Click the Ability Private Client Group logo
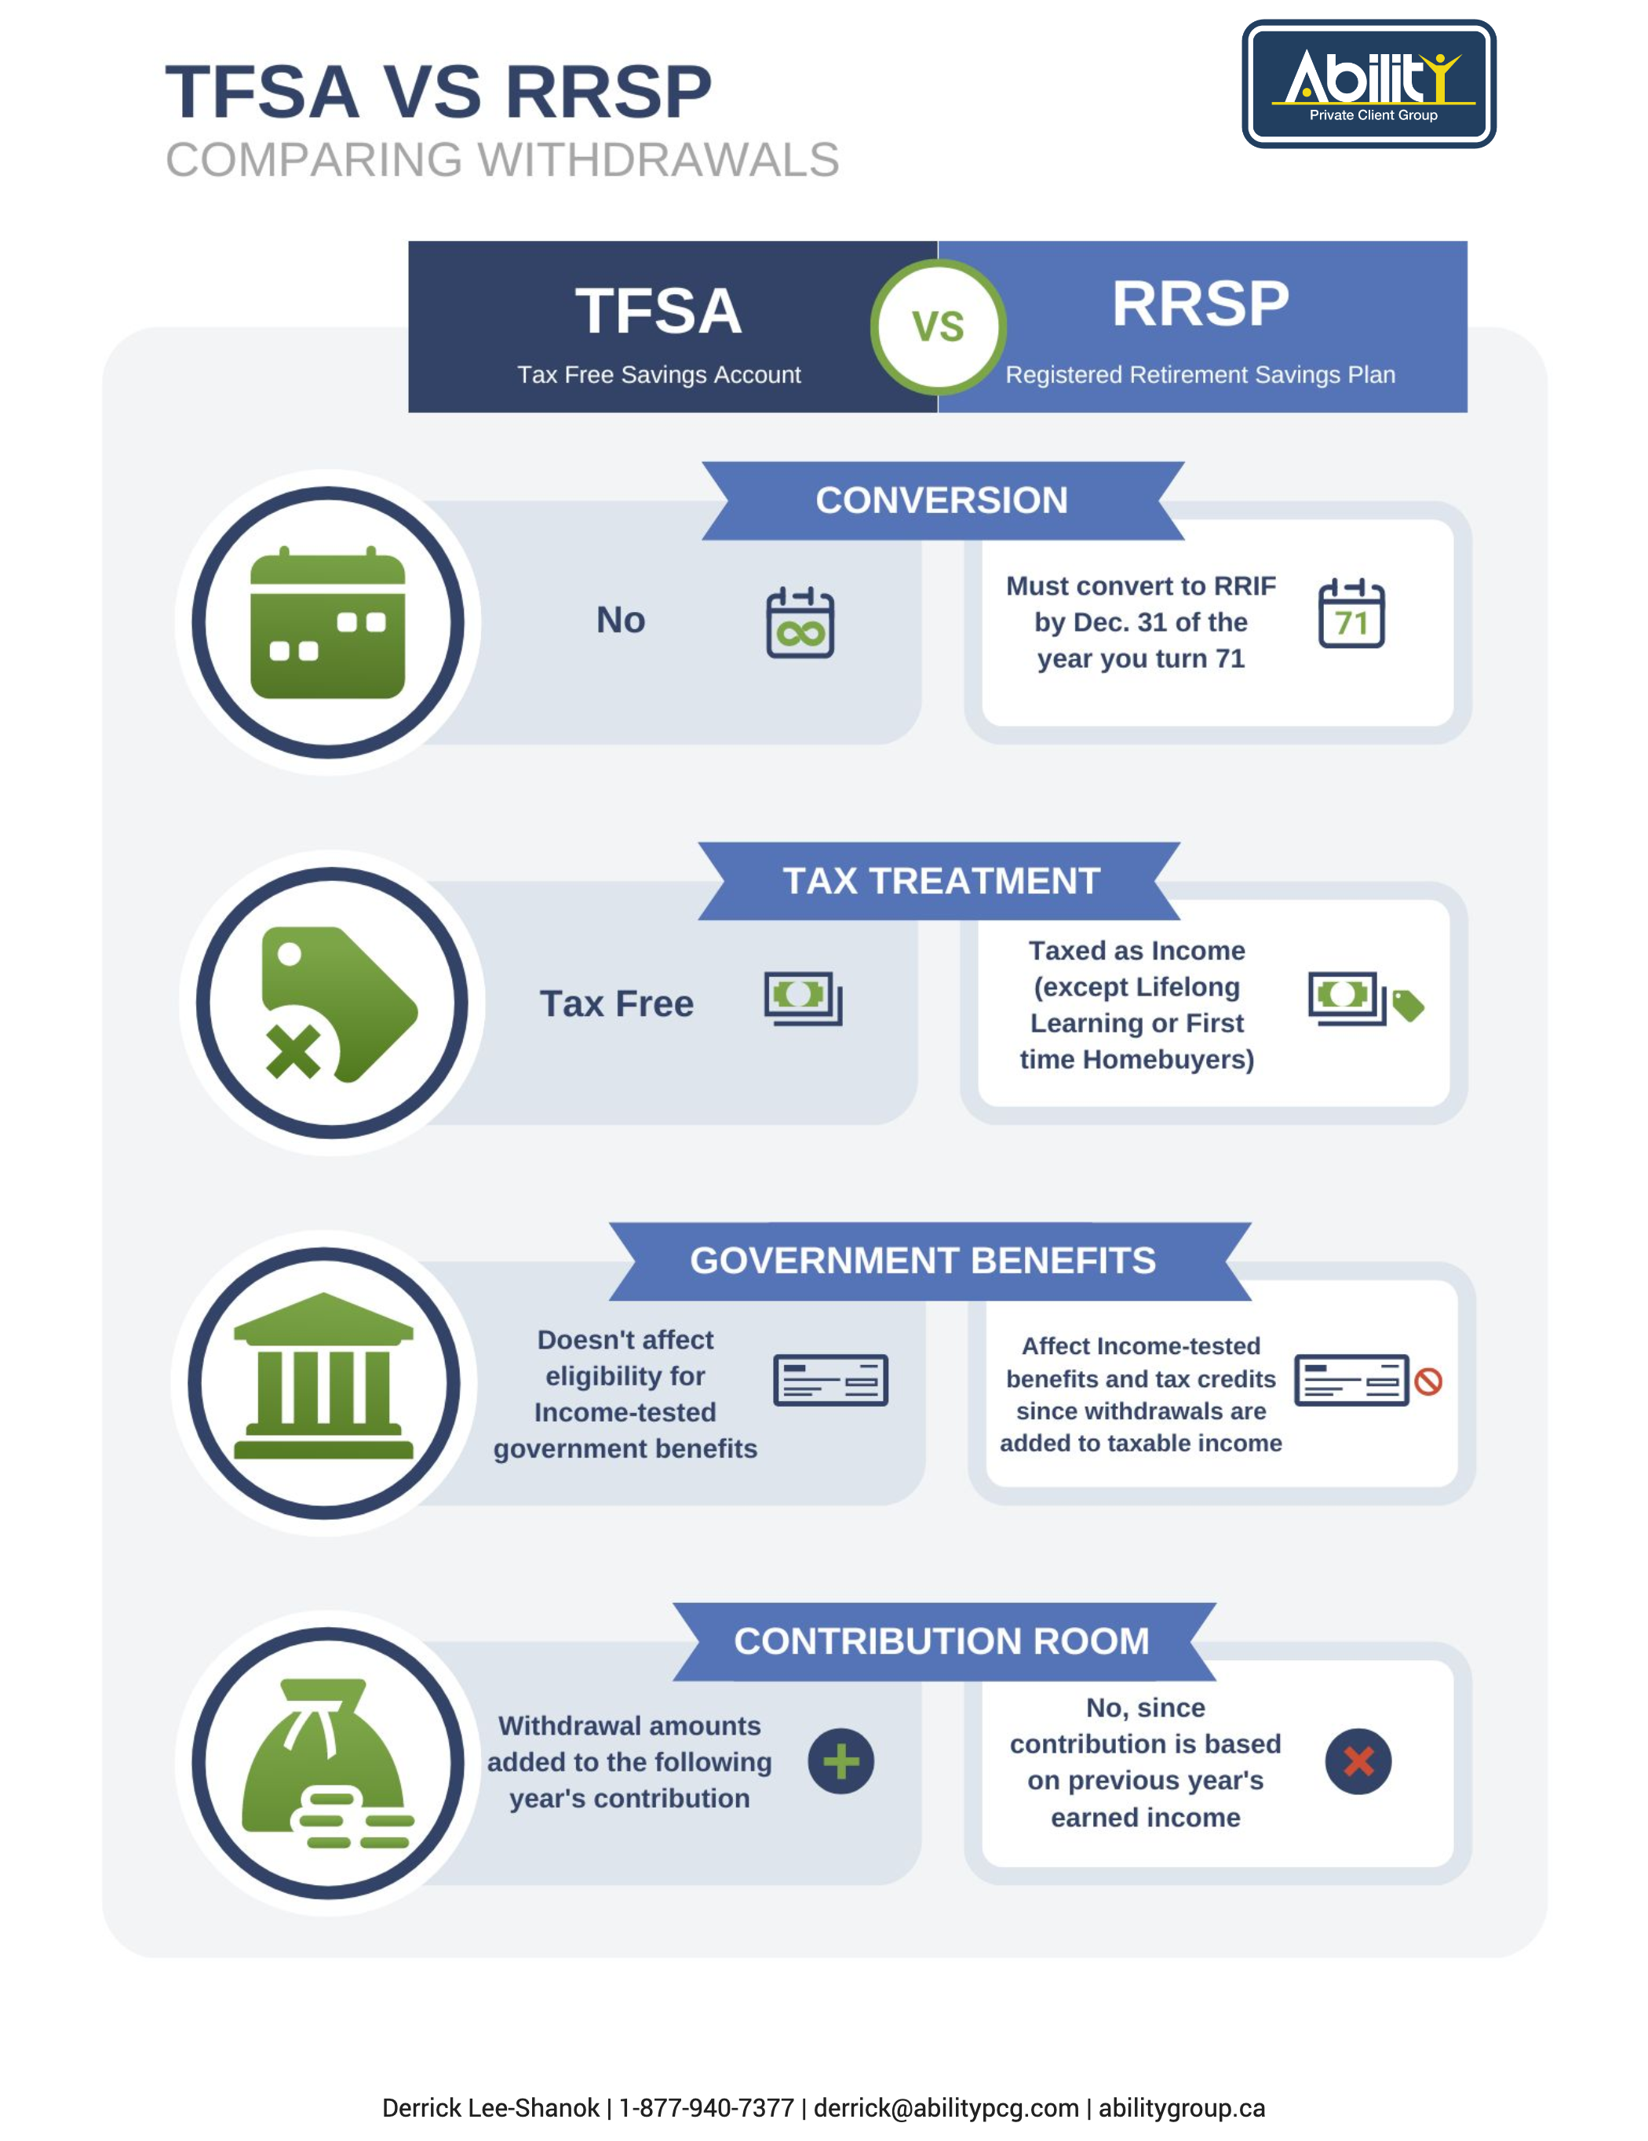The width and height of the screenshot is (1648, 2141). coord(1369,83)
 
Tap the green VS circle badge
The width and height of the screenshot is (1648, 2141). coord(939,326)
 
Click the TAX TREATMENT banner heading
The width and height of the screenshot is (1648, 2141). coord(940,880)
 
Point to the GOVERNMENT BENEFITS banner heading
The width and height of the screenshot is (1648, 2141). coord(923,1261)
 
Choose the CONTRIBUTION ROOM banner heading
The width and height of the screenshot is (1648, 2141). coord(941,1641)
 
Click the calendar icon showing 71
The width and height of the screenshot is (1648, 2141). coord(1351,613)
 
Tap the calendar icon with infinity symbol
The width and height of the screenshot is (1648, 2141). coord(800,621)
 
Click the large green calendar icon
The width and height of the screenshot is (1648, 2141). coord(327,621)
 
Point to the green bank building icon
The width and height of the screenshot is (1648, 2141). coord(323,1376)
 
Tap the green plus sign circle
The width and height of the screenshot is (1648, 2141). coord(840,1761)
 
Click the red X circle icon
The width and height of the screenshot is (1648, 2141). coord(1358,1761)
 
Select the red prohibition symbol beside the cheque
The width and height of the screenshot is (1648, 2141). coord(1428,1382)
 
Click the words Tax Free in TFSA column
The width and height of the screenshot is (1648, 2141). coord(617,1004)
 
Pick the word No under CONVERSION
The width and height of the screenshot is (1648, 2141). coord(621,620)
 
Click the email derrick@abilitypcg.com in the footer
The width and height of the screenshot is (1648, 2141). coord(946,2108)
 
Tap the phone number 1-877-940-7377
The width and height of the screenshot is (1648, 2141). coord(706,2108)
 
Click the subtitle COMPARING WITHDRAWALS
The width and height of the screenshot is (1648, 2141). coord(502,160)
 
